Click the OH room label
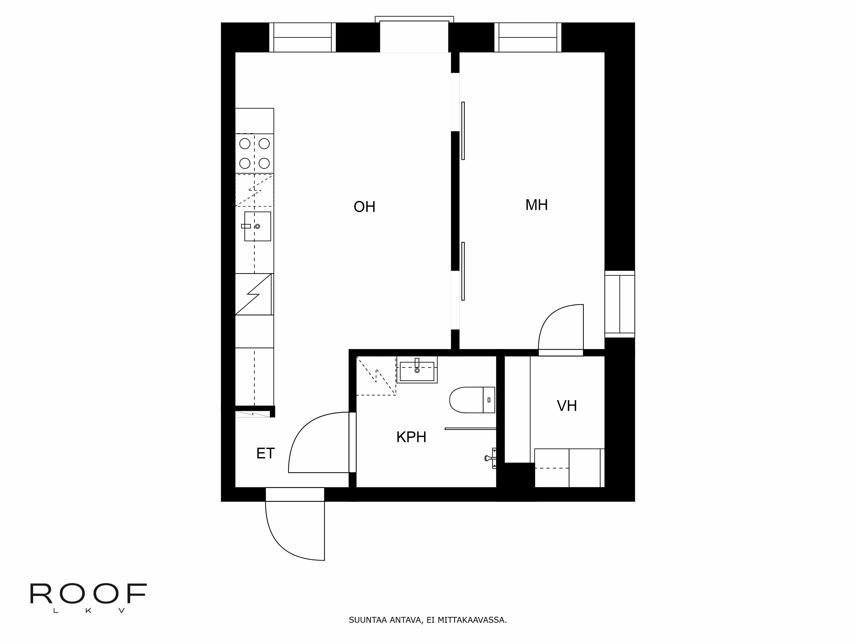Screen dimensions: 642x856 click(364, 207)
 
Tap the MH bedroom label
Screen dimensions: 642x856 click(536, 205)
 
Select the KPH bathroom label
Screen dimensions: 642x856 click(411, 437)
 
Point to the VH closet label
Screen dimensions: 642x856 click(566, 406)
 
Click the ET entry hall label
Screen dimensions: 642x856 click(266, 453)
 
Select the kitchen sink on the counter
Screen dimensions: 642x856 click(257, 226)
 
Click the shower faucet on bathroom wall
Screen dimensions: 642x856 click(490, 458)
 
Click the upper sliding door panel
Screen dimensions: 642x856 click(463, 131)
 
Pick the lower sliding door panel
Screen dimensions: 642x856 click(463, 271)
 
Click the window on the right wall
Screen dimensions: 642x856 click(620, 304)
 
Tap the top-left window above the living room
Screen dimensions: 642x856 click(302, 37)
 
